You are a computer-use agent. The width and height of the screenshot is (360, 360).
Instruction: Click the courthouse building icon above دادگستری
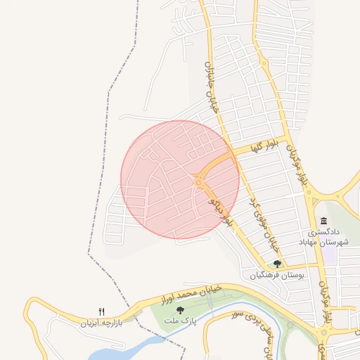tap(323, 221)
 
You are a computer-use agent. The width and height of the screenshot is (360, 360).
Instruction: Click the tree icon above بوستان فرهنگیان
tap(278, 264)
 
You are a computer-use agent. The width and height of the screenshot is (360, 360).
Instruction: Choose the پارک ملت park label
tap(179, 320)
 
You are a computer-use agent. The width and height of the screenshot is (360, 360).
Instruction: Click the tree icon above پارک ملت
tap(180, 309)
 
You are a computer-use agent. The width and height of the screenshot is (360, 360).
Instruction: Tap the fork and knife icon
tap(101, 311)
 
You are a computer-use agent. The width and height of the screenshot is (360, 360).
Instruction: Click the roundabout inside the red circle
tap(200, 181)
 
